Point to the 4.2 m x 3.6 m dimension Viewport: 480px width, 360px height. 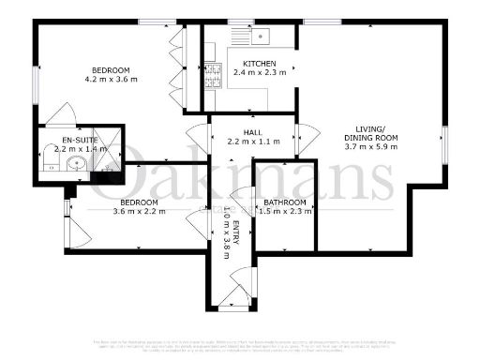point(110,80)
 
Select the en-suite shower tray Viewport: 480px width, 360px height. point(110,150)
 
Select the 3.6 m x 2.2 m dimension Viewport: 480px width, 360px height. point(139,212)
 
